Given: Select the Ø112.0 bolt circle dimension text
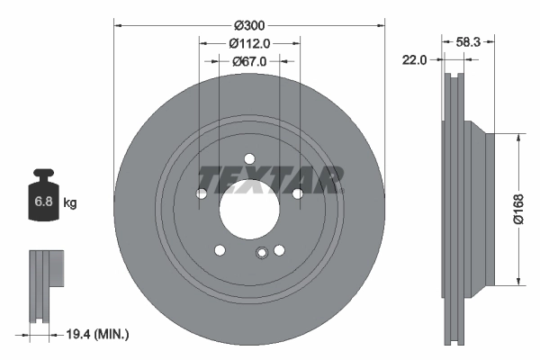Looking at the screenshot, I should pos(249,43).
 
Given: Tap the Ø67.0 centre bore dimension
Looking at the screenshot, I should pos(249,61).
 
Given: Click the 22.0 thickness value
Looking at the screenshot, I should pos(415,59).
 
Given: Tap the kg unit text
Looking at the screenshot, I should pos(70,203).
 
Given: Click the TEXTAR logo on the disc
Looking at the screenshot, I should pos(270,180).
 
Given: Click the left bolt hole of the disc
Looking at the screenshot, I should pos(202,194).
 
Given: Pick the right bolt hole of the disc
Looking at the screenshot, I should pos(297,193).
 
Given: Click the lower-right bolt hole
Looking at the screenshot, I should pos(279,251).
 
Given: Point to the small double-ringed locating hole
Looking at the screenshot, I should pos(261,253).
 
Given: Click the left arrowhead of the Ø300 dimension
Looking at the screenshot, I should pos(118,25).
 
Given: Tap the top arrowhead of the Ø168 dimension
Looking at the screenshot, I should pos(518,139).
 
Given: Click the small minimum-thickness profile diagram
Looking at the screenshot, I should pos(47,287).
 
